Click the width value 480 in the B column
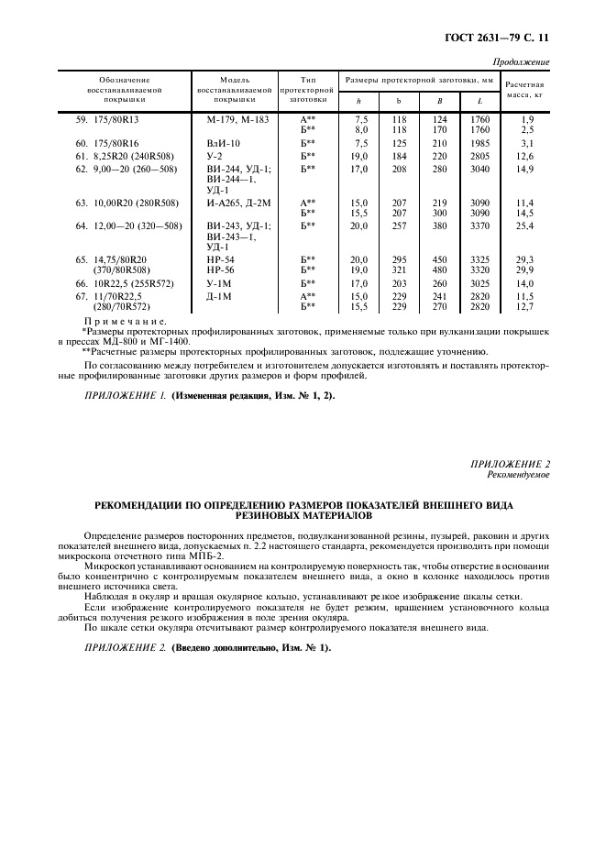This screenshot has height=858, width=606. pos(440,270)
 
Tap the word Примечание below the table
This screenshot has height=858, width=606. pos(125,322)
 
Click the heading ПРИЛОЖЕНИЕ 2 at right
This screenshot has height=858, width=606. pos(511,466)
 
